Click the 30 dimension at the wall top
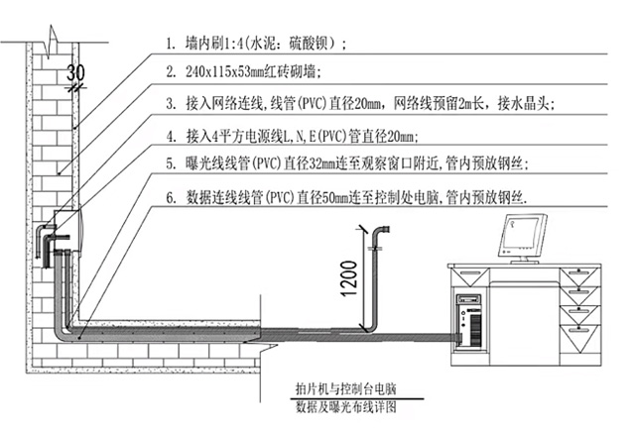76,71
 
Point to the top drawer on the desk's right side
579,272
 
